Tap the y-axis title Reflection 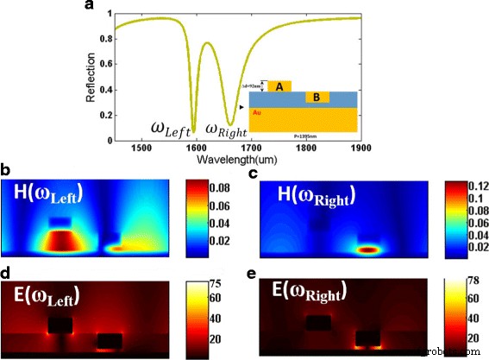pyautogui.click(x=91, y=76)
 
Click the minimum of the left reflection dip pyautogui.click(x=194, y=132)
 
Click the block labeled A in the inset pyautogui.click(x=278, y=86)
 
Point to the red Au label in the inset pyautogui.click(x=257, y=113)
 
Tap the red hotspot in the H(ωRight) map pyautogui.click(x=368, y=250)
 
